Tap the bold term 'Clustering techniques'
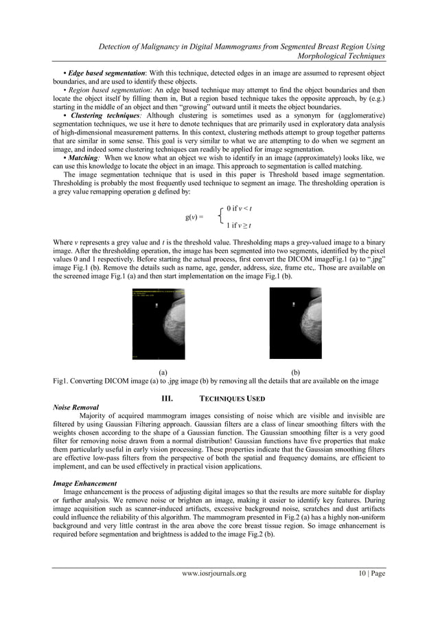103,115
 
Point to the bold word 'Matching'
85,156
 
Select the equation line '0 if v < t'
239,208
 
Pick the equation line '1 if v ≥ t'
239,226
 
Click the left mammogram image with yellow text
158,323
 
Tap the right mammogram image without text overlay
295,323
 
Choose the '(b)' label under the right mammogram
296,372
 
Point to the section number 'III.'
166,399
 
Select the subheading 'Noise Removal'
76,407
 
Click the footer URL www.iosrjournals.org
219,592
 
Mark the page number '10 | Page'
367,592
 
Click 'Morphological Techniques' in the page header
341,55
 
